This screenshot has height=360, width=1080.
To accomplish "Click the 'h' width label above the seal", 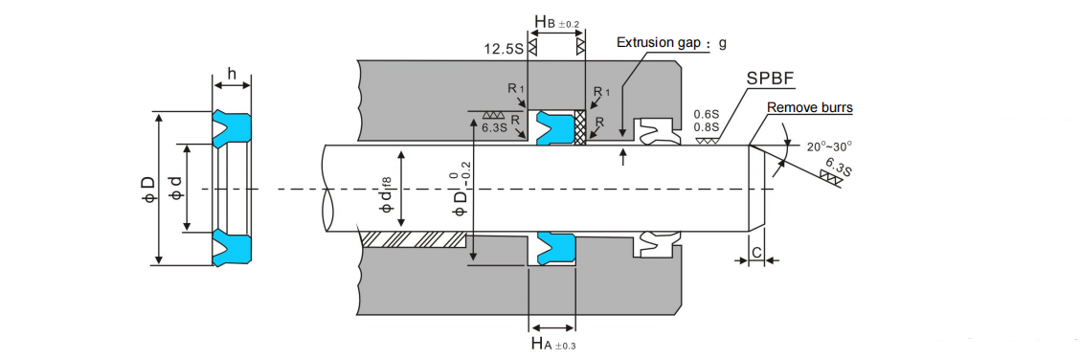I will click(x=231, y=74).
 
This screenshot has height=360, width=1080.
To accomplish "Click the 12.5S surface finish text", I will click(x=504, y=46).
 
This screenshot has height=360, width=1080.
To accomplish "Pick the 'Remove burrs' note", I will click(x=809, y=108).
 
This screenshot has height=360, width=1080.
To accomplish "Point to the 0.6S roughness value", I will click(x=708, y=114).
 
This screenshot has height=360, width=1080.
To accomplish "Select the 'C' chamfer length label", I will click(x=756, y=253).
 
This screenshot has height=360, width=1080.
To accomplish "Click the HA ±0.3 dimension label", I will click(x=553, y=342).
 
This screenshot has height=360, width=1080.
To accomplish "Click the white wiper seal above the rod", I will click(x=657, y=133).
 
